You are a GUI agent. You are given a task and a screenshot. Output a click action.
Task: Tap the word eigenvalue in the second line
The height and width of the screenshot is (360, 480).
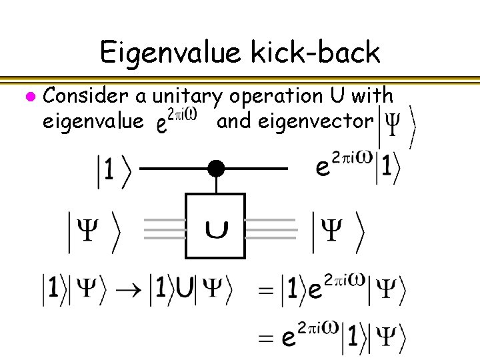point(92,122)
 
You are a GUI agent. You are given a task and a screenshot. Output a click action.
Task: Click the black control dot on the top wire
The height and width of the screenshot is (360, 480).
point(215,169)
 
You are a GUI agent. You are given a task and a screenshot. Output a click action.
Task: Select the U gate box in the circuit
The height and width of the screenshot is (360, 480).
point(215,226)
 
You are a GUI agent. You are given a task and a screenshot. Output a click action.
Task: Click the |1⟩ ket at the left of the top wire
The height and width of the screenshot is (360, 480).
point(114,171)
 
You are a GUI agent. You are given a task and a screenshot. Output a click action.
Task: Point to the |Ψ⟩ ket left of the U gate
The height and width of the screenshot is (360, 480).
point(94,231)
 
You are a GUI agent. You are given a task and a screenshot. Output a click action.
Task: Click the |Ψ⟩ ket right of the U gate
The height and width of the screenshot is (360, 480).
point(338,231)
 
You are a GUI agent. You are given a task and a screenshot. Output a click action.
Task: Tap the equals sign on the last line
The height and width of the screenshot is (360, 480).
point(266,339)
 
